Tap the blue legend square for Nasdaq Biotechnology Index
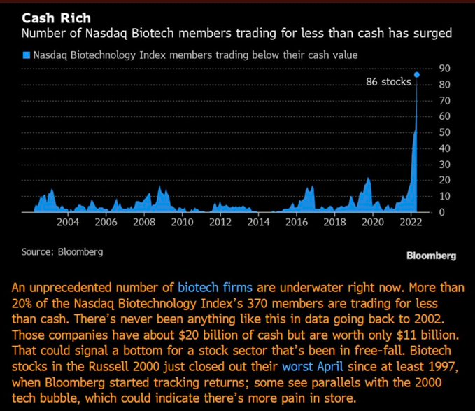26,54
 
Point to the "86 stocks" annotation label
389,82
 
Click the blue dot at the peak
417,74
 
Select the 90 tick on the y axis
444,69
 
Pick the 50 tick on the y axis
444,132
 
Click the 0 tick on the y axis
441,212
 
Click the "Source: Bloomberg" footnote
62,251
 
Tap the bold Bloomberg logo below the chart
431,256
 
